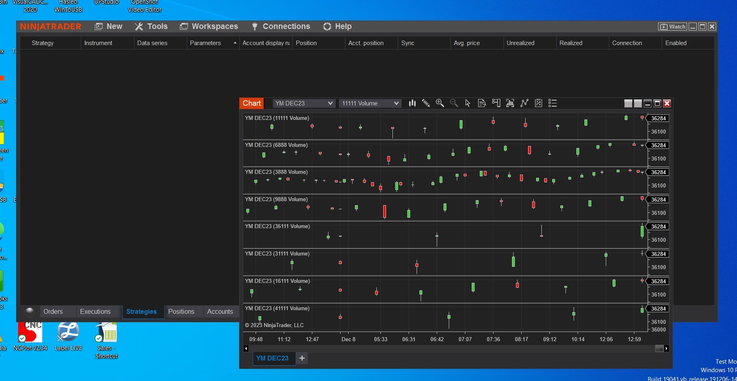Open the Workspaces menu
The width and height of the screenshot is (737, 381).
[209, 27]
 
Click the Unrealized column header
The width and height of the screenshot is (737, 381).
[520, 43]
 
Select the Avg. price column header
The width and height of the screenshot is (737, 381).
[467, 43]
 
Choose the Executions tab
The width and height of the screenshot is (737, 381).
[95, 311]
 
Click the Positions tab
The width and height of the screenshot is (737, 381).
[181, 311]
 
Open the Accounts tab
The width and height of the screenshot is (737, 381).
[220, 311]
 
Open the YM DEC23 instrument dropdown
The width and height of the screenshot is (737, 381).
[303, 103]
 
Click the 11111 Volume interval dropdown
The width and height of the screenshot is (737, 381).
[370, 103]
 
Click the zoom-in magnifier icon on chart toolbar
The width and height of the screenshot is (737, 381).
[440, 103]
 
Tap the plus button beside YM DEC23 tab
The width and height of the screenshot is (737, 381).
[302, 358]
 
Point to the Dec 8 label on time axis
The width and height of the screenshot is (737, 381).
[348, 339]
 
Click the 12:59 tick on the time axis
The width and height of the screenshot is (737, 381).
[634, 339]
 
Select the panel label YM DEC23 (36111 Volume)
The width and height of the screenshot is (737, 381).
[277, 227]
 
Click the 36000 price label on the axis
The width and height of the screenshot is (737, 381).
[659, 330]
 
